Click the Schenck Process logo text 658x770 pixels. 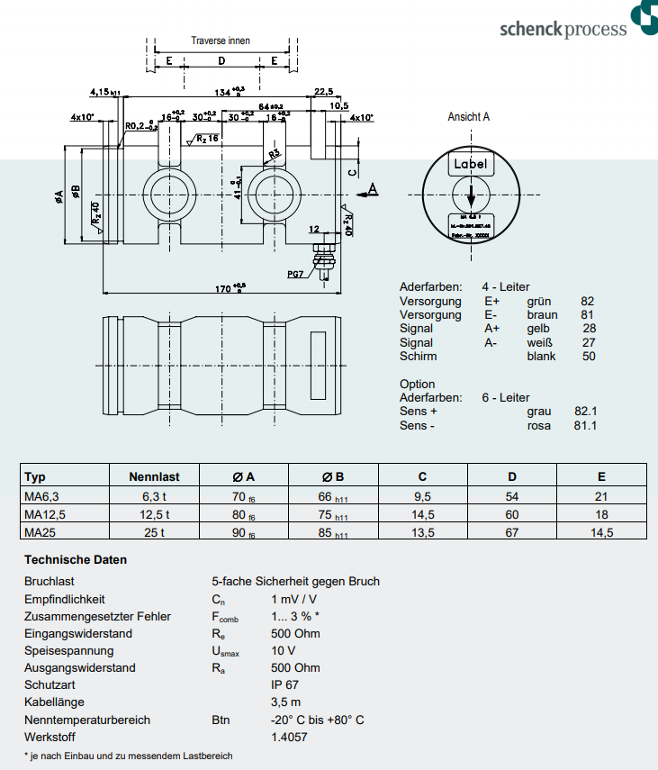pos(563,29)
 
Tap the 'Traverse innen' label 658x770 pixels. pos(221,41)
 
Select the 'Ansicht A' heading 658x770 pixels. pos(469,117)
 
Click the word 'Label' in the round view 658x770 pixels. pos(470,164)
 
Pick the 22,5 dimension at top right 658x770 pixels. pos(324,91)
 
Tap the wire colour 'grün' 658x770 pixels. pos(538,302)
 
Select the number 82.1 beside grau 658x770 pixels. pos(585,412)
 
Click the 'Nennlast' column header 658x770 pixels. pos(154,477)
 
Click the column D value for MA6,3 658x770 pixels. pos(512,496)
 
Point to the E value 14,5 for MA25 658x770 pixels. pos(601,532)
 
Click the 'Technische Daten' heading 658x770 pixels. pos(76,560)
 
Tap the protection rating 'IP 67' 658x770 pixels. pos(284,685)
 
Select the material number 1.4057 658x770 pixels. pos(289,737)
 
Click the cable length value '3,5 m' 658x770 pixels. pos(285,702)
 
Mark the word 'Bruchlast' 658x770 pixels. pos(50,582)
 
